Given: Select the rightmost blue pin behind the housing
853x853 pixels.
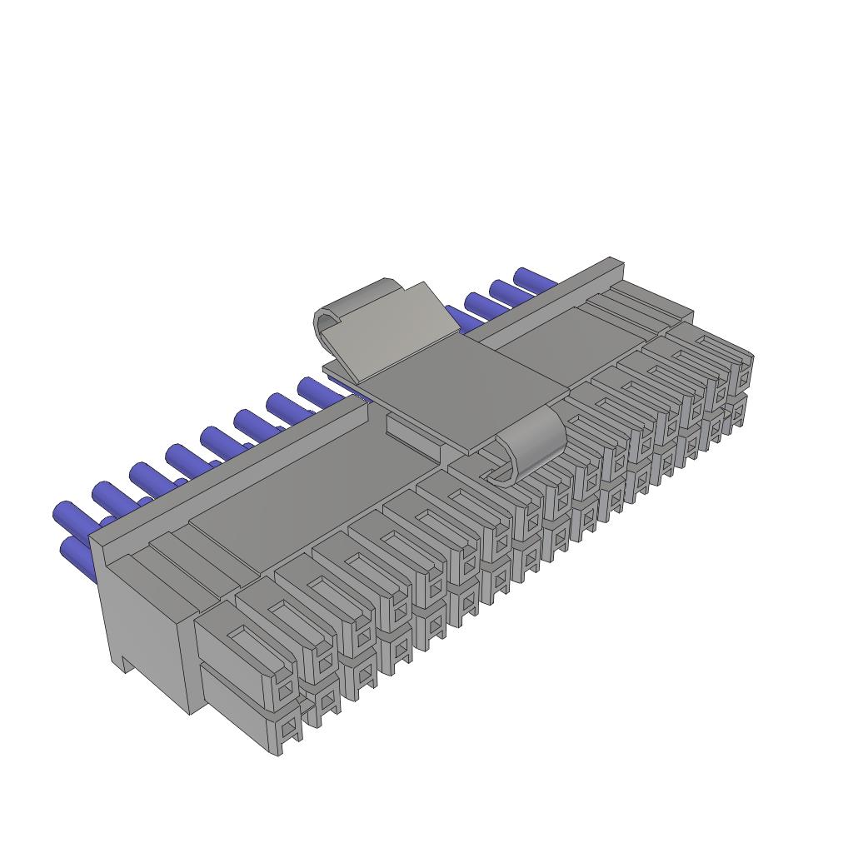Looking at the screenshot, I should [x=533, y=278].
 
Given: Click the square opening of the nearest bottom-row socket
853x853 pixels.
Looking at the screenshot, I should [x=288, y=731].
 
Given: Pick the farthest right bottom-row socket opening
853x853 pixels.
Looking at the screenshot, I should [x=738, y=414].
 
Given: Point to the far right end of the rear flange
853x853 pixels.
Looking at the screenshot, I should [x=616, y=265].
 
